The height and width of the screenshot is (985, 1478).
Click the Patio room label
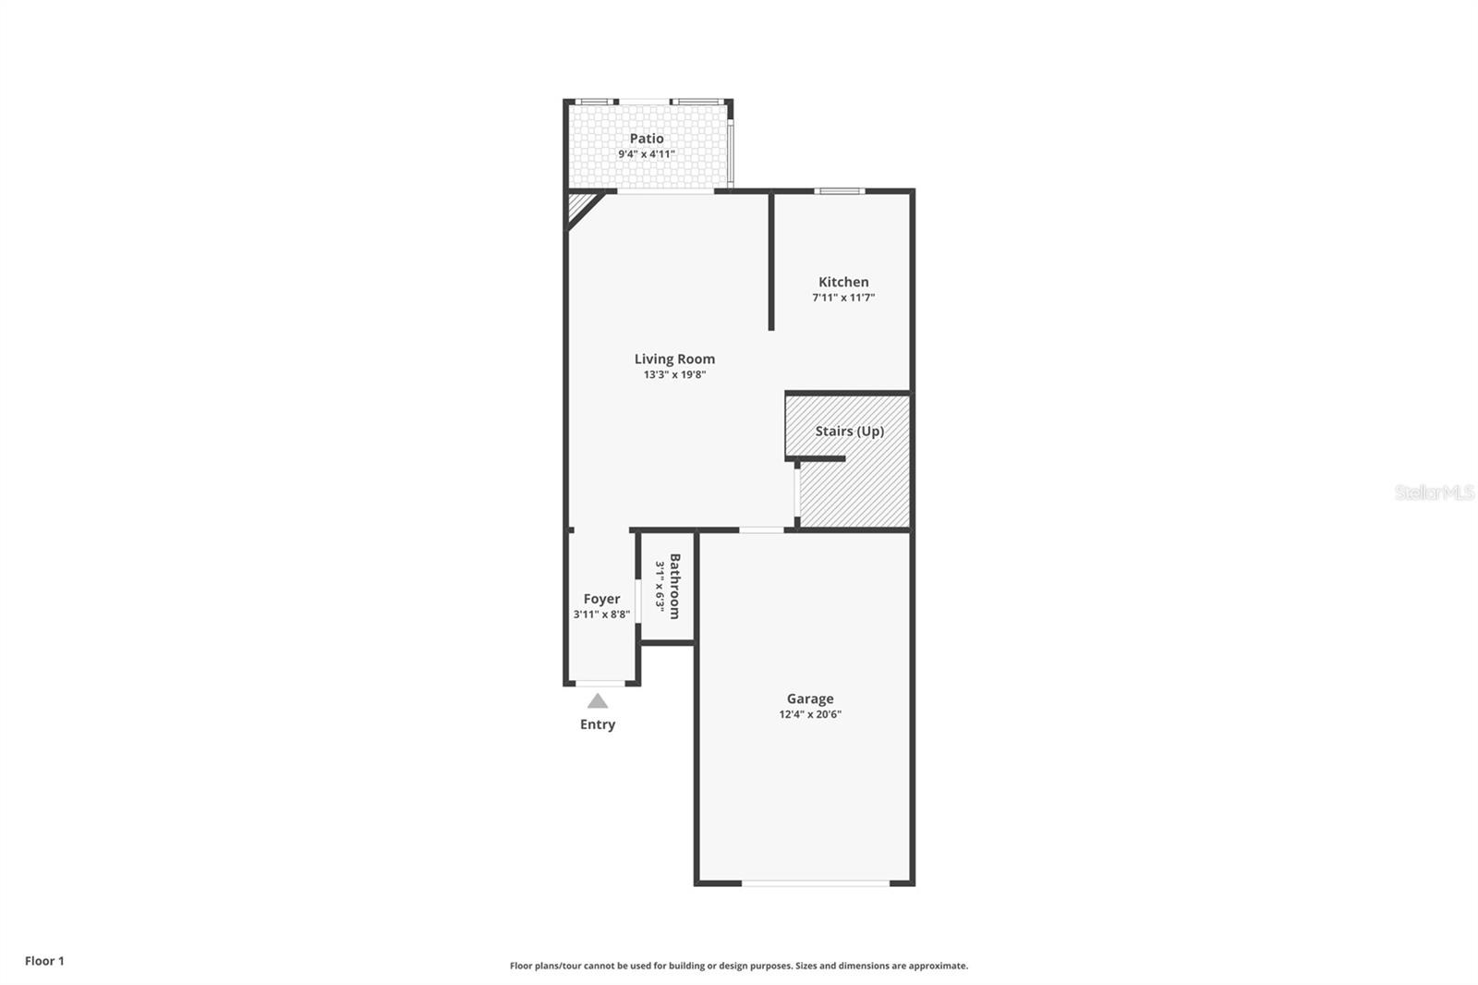647,139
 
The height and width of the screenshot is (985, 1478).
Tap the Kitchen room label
843,282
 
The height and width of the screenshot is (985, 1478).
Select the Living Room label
674,359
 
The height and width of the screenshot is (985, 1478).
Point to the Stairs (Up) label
849,431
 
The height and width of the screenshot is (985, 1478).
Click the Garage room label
810,699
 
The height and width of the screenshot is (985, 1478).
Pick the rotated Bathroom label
675,586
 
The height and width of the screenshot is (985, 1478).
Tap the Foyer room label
601,599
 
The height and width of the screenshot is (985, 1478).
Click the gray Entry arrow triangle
598,701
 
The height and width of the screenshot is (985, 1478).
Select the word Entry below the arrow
598,724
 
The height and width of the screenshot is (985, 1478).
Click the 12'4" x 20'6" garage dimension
810,714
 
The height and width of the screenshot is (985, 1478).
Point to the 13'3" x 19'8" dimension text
674,374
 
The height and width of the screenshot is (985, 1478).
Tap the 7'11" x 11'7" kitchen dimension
843,298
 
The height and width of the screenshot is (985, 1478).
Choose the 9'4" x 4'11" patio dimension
647,154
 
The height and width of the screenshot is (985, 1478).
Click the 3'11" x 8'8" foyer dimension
601,614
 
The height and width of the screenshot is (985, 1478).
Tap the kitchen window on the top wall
840,191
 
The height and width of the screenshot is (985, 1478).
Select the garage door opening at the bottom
816,883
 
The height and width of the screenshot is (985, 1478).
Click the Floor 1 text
44,961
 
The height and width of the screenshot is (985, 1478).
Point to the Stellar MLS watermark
1435,492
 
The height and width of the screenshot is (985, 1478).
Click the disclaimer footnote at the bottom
739,966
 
